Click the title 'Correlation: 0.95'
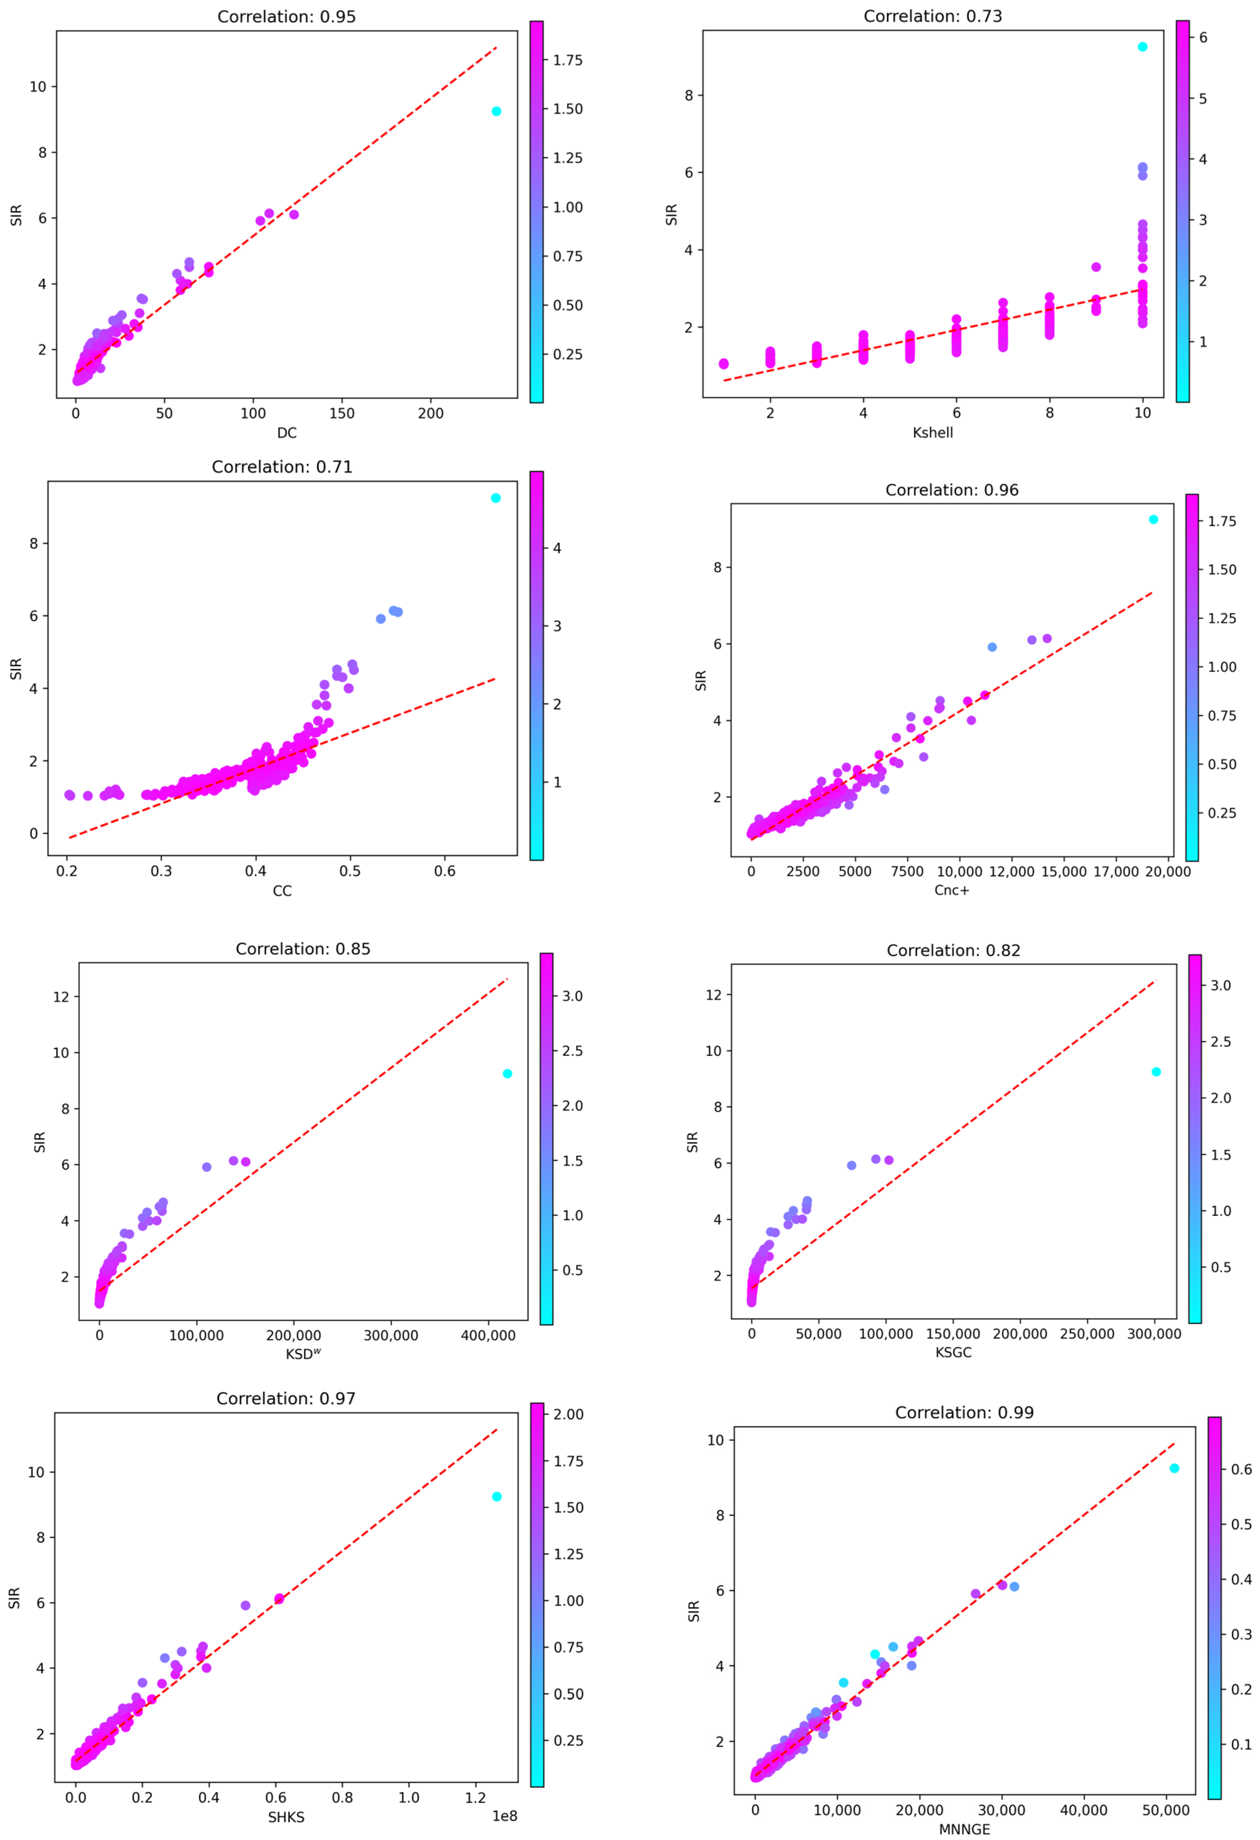286,17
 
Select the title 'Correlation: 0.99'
964,1412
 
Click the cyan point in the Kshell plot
1142,47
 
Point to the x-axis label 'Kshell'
932,433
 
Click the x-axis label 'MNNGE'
964,1829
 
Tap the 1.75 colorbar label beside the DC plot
567,60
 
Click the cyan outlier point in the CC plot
495,498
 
